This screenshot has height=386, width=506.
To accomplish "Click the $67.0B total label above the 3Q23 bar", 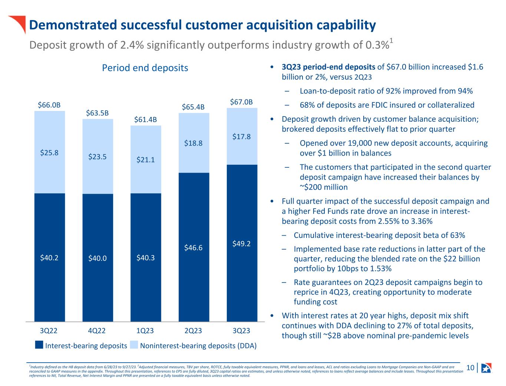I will [x=241, y=102].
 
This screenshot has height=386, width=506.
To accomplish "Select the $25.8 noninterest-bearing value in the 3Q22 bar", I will [x=49, y=153].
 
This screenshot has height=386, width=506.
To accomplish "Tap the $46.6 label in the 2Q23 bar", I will [x=194, y=248].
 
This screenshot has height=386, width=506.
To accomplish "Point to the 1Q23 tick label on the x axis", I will [x=145, y=331].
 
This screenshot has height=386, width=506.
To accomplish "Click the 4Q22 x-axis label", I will [x=97, y=331].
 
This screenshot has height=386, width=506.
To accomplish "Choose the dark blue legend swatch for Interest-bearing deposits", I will [x=39, y=346].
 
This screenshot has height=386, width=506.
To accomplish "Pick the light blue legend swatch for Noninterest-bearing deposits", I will [x=134, y=346].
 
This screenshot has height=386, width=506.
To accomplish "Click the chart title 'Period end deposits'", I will [x=145, y=68].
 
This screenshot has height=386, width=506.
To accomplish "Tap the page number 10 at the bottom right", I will [x=470, y=368].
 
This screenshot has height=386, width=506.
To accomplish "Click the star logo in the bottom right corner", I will [x=486, y=368].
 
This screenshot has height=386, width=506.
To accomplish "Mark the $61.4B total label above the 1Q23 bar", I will [x=145, y=120].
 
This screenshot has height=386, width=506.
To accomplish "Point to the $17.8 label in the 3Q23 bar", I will [x=242, y=137].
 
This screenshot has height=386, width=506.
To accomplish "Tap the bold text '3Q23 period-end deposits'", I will [x=328, y=67].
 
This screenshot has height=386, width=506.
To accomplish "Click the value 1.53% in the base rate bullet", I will [x=379, y=268].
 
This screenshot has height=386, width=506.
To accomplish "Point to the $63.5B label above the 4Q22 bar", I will [x=97, y=113].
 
